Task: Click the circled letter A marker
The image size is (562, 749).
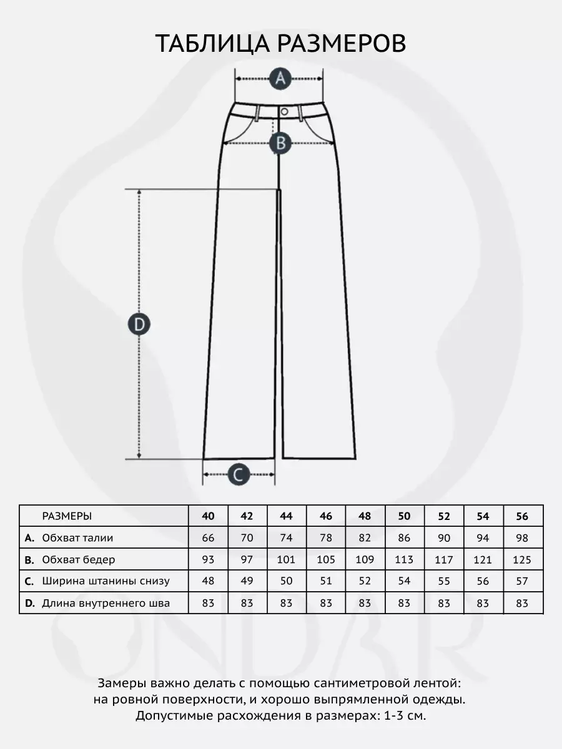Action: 280,79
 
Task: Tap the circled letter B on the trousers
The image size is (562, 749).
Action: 280,143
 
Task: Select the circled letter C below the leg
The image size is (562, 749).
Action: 237,475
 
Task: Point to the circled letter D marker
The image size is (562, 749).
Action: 139,324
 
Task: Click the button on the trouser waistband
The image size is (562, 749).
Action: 284,111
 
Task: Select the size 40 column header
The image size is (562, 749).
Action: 209,516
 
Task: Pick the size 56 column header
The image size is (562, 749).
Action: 523,516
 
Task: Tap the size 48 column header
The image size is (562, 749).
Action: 365,516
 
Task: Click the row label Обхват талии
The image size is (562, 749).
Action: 77,537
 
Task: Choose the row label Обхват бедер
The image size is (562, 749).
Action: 78,559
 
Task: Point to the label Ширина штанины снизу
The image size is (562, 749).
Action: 106,581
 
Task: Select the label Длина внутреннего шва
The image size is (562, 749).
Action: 106,603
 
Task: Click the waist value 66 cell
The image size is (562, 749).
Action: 209,537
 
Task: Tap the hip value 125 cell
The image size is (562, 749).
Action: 523,559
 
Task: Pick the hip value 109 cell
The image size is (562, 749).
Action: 365,559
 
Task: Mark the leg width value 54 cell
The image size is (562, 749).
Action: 405,581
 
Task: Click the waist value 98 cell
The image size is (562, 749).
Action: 523,537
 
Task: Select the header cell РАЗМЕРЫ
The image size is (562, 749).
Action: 67,516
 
